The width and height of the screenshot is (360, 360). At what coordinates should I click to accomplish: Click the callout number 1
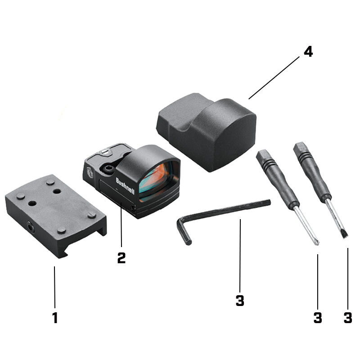point(55,318)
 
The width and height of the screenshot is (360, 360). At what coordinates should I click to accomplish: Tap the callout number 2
point(121,257)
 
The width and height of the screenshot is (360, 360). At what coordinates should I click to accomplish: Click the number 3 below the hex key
point(240,300)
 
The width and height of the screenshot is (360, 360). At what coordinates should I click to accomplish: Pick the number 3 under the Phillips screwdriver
point(318,317)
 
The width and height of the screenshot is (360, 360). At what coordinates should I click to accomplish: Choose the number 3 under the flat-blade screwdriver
point(347,317)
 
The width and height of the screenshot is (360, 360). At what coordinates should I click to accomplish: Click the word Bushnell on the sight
point(125,185)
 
